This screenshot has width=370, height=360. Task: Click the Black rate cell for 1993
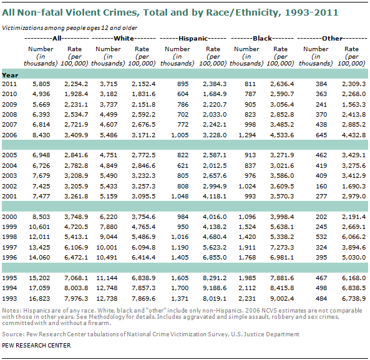[x=281, y=298]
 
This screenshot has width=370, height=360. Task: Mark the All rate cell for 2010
[x=76, y=94]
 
